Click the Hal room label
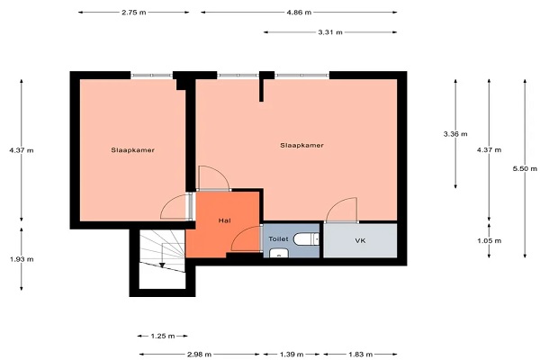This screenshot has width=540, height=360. click(x=224, y=220)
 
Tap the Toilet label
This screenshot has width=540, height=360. click(x=278, y=238)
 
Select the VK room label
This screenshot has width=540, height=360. click(x=360, y=241)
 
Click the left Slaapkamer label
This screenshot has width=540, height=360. click(x=132, y=150)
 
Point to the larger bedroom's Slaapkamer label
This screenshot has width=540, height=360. click(x=301, y=146)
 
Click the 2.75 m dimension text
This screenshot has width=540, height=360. click(x=133, y=13)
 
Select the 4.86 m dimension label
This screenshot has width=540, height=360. click(x=299, y=13)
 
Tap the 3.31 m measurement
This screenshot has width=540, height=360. click(x=330, y=32)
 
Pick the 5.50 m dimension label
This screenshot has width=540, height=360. click(x=525, y=168)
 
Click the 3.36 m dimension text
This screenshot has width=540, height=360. click(x=455, y=134)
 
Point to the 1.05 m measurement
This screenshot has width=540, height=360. click(x=489, y=240)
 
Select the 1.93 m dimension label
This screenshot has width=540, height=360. click(x=22, y=259)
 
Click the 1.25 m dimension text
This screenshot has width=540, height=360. click(x=163, y=336)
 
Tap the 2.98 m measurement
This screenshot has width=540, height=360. click(x=200, y=354)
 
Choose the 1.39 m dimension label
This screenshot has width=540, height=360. click(x=292, y=354)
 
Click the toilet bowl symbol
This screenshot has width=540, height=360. click(x=307, y=238)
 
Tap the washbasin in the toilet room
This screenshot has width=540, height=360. click(x=279, y=253)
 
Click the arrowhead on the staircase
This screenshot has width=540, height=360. click(x=162, y=265)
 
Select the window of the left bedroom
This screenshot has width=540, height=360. click(x=151, y=76)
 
